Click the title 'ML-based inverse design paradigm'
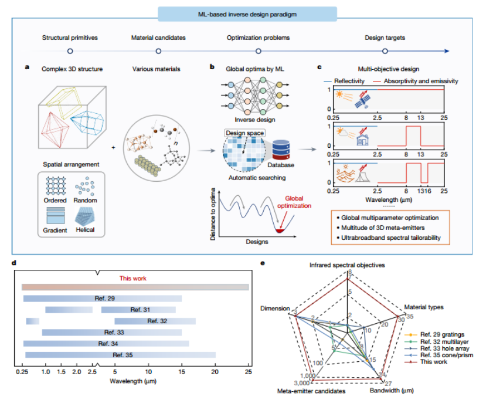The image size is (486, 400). point(242,13)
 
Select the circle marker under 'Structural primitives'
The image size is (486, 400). point(70,51)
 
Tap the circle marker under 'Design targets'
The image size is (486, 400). point(385,51)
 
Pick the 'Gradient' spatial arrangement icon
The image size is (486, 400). point(55,217)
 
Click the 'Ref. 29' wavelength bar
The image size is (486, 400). point(102,299)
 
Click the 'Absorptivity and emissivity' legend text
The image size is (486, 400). point(414,81)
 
